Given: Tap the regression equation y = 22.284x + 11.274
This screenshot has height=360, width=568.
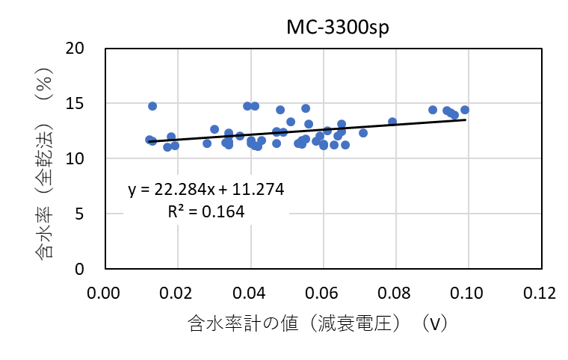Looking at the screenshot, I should click(x=206, y=190).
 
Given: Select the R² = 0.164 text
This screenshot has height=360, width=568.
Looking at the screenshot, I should click(x=206, y=211).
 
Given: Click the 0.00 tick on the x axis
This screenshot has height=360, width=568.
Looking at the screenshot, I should click(x=105, y=289).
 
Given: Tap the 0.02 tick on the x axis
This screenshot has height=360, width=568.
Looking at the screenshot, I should click(x=177, y=289).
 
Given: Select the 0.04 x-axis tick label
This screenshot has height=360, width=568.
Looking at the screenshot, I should click(x=250, y=289).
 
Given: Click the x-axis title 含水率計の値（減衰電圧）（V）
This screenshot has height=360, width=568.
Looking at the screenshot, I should click(x=318, y=323).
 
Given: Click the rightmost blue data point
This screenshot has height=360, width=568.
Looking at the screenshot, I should click(x=465, y=110).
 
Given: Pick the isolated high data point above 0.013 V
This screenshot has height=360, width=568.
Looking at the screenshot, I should click(x=152, y=106).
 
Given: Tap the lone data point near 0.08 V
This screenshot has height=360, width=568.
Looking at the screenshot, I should click(x=392, y=122).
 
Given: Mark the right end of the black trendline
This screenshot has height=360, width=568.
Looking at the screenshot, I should click(x=466, y=120).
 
